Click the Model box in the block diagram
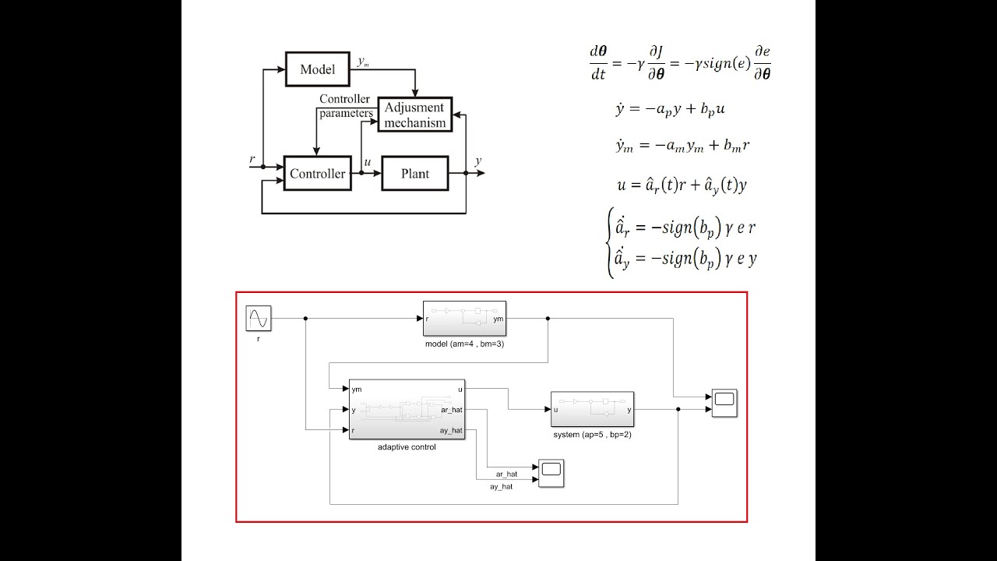317,69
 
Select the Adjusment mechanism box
415,115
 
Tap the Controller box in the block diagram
317,173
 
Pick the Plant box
415,173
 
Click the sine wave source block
259,319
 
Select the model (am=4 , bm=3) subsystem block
465,319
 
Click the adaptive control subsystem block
407,410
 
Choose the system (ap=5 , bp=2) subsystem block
593,409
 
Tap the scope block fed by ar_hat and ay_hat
551,473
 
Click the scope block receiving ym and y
724,403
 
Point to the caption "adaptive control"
407,447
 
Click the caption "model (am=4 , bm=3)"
465,344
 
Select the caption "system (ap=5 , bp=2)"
593,435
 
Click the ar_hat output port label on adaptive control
452,410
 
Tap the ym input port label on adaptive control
357,390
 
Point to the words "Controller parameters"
345,106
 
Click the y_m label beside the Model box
363,62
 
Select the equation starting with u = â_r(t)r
682,185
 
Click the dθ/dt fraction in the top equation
599,63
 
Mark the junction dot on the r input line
263,167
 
